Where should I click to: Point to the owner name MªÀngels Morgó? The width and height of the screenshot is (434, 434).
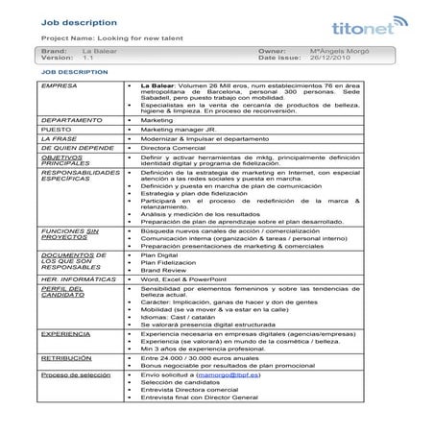[x=337, y=49]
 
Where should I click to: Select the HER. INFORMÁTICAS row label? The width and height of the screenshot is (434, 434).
[x=65, y=278]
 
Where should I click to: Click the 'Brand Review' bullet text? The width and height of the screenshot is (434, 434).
[x=159, y=270]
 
